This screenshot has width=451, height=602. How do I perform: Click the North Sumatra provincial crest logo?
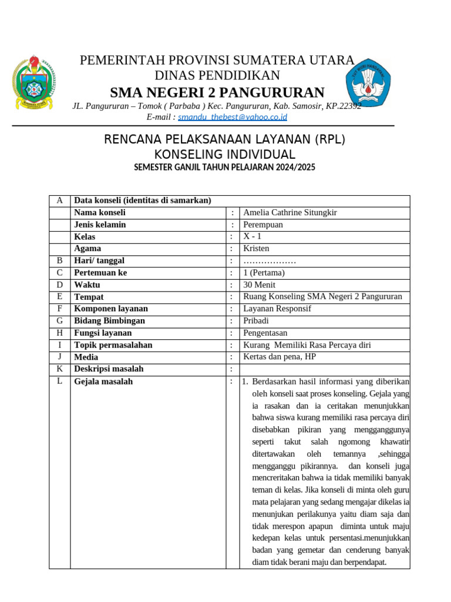click(x=33, y=83)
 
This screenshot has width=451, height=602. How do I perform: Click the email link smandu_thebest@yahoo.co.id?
click(x=233, y=117)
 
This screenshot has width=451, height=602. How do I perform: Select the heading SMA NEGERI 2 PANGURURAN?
click(x=217, y=92)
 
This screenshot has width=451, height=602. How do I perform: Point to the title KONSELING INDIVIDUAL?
click(x=224, y=154)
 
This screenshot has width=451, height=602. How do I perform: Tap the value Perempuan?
click(x=263, y=225)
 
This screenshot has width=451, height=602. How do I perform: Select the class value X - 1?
click(x=253, y=236)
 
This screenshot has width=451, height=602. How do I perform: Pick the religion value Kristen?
click(x=256, y=248)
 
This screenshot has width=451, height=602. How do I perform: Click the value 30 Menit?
click(x=259, y=285)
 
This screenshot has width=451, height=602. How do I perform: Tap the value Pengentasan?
click(x=265, y=333)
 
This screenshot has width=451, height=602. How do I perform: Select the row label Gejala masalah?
click(x=103, y=381)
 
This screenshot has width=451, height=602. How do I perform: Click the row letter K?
click(x=59, y=369)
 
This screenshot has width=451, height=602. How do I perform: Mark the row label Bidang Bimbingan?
click(x=109, y=320)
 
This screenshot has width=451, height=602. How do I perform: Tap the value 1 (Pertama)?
click(x=264, y=273)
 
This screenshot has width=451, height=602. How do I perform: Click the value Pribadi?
click(x=256, y=320)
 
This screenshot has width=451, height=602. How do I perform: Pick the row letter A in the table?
click(x=59, y=200)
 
